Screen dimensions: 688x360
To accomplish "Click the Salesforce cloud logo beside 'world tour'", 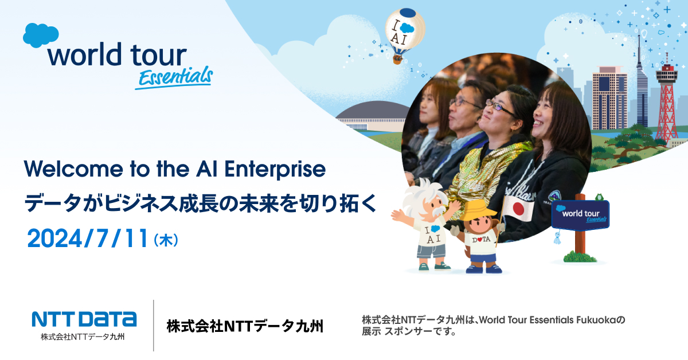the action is [x=41, y=36].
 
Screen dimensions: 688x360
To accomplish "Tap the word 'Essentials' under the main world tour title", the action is [x=174, y=77].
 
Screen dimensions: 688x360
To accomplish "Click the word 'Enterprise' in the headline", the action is [x=275, y=170].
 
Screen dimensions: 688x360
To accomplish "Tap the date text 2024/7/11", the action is [x=88, y=238].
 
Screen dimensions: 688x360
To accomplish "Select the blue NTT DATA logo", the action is [x=84, y=319].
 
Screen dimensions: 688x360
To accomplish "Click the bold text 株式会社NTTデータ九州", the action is [x=245, y=326].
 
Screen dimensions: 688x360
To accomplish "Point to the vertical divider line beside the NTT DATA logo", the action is [x=154, y=326].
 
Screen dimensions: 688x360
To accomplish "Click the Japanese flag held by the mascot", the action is [x=518, y=208].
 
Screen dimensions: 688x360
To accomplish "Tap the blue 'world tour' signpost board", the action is [x=580, y=214].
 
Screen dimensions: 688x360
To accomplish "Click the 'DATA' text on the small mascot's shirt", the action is [x=481, y=239].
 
